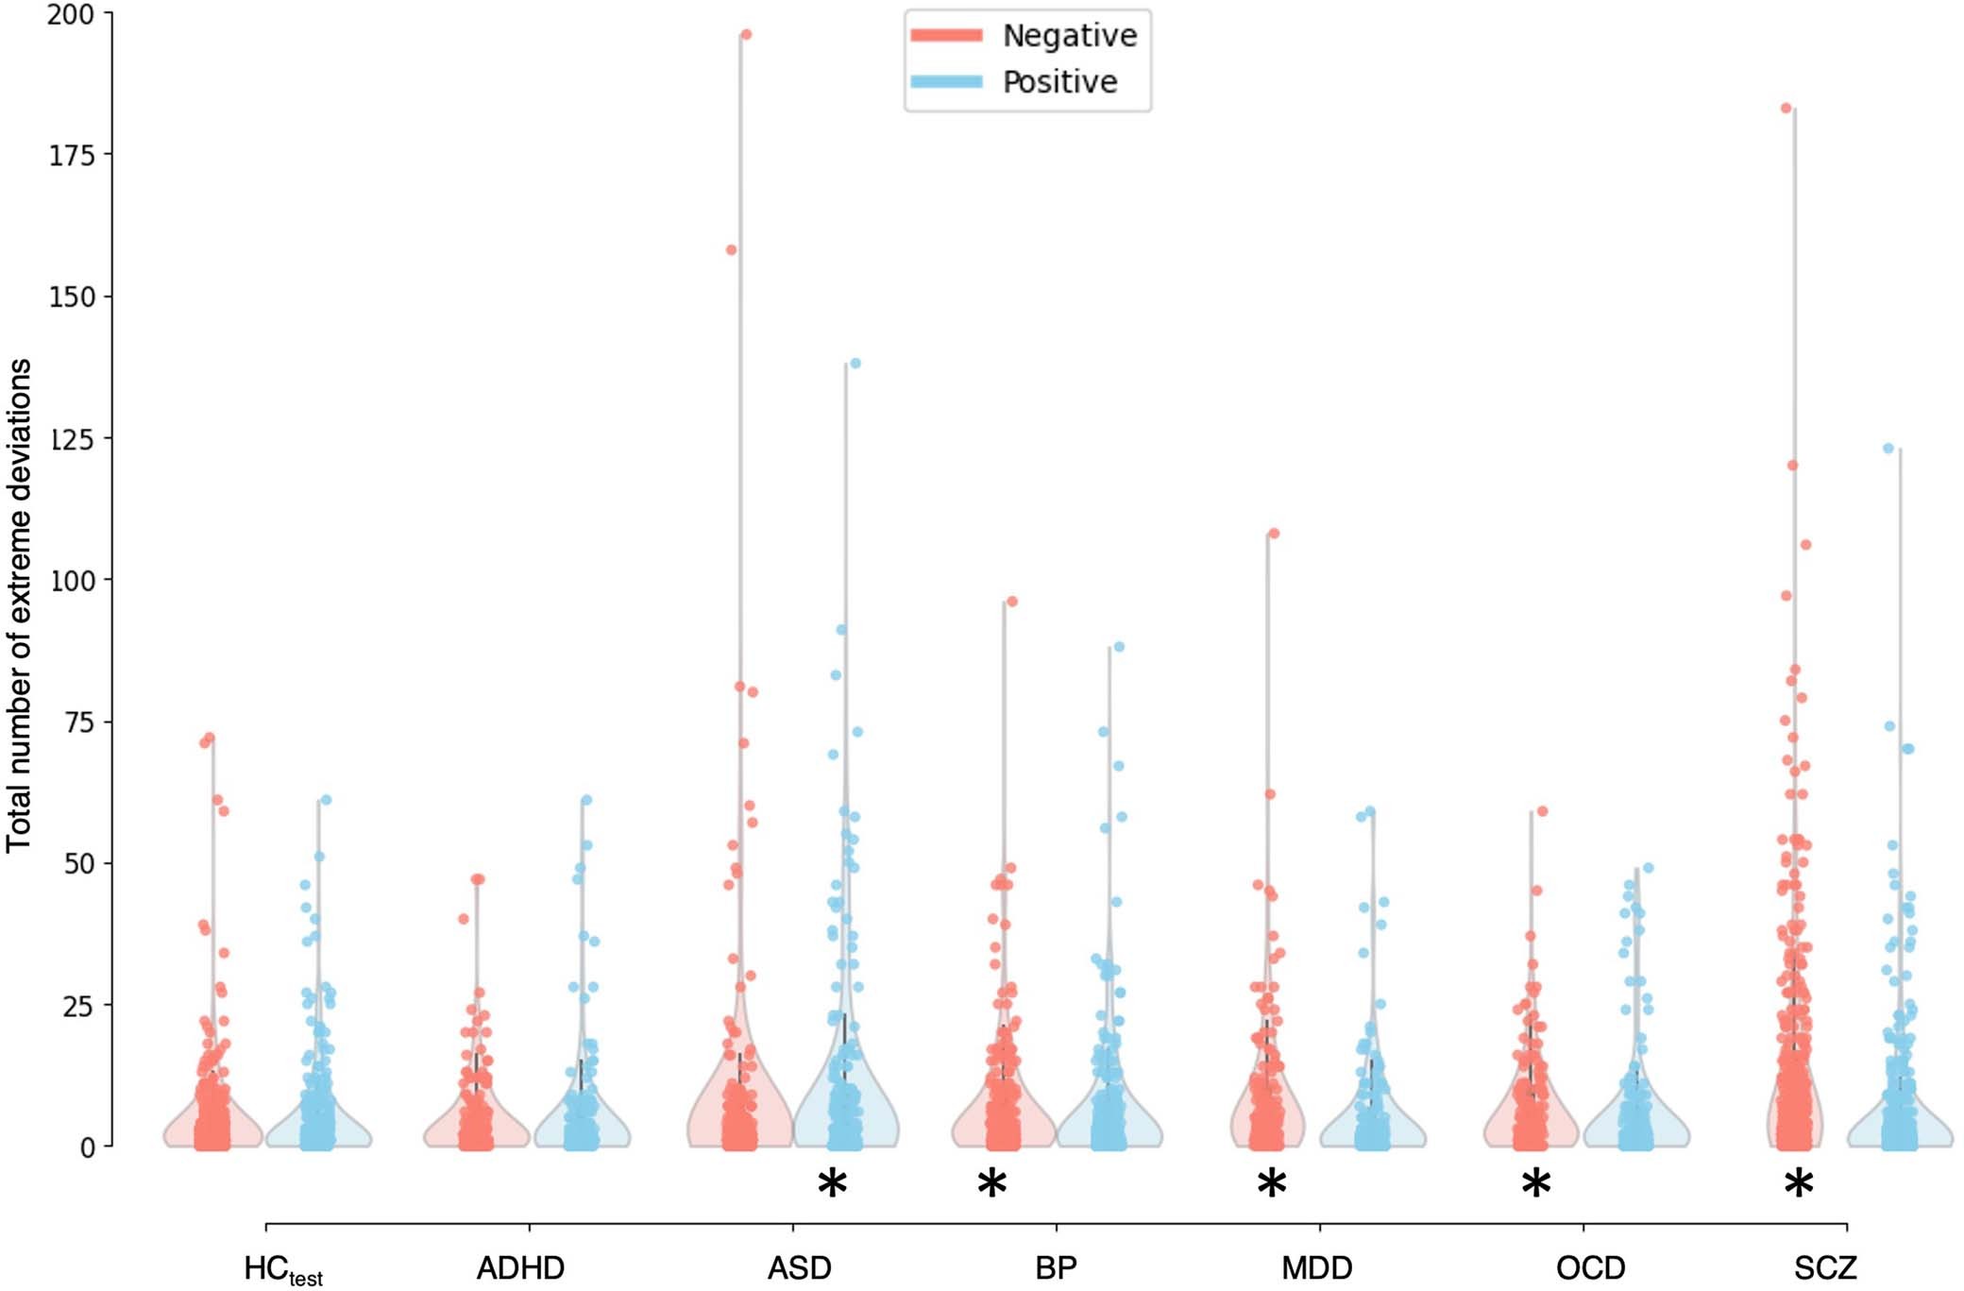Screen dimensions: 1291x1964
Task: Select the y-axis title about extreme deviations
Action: tap(19, 604)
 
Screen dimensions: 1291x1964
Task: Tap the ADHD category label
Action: tap(520, 1267)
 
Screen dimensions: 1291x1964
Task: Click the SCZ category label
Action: tap(1825, 1267)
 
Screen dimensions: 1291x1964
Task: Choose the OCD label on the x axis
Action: tap(1590, 1267)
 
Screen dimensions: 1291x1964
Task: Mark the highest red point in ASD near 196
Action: tap(746, 35)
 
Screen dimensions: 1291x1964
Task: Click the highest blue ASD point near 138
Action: tap(855, 364)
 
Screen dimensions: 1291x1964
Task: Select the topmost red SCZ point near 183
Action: tap(1786, 109)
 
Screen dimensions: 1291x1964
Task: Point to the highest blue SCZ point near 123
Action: tap(1888, 449)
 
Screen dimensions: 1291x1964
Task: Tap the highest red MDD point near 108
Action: tap(1274, 534)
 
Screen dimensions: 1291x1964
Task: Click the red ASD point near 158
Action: tap(731, 250)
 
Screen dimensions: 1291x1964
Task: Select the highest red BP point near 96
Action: tap(1012, 602)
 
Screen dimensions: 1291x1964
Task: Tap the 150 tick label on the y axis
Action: tap(71, 297)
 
